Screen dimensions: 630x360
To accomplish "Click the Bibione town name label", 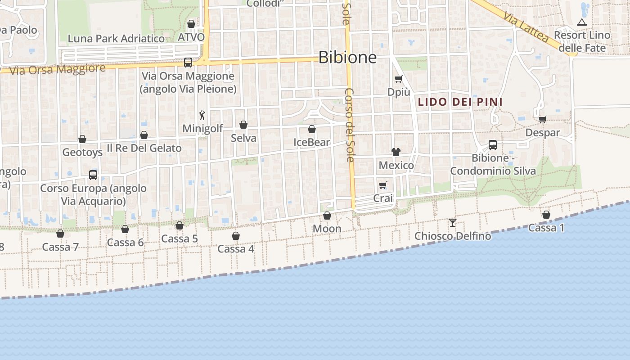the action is (347, 57).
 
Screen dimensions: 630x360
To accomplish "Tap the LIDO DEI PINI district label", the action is (460, 102).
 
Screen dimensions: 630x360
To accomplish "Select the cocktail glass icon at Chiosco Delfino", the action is (453, 222).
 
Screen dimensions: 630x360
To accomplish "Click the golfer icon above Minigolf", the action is (202, 115).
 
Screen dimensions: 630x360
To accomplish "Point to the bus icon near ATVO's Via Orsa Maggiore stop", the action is (188, 63).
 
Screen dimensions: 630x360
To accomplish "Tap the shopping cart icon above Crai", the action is (383, 185).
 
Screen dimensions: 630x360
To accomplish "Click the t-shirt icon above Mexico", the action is (396, 152).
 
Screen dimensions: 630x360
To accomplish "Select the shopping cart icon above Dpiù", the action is (398, 79).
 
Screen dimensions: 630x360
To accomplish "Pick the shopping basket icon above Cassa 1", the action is (546, 215).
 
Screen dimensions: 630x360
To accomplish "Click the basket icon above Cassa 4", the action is (236, 236).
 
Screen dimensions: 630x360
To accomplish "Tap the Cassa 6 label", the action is (125, 243).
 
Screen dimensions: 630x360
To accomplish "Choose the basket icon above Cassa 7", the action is (60, 234).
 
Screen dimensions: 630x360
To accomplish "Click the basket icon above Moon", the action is (327, 216).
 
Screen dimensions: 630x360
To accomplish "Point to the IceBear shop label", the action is (311, 142).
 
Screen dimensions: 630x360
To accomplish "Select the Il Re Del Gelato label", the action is (144, 148).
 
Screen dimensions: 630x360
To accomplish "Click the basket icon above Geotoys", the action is (82, 139).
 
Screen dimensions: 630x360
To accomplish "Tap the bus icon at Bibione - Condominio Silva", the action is (493, 145).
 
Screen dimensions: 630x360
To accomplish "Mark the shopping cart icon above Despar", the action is (543, 119).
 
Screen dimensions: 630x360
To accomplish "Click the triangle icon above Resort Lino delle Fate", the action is (582, 22).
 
